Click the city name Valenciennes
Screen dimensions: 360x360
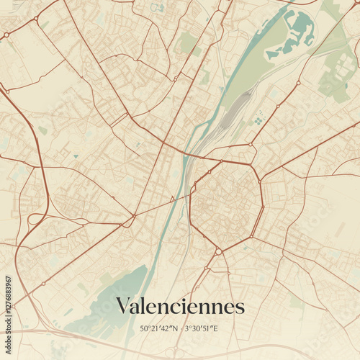180,306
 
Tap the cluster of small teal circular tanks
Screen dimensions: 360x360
258,121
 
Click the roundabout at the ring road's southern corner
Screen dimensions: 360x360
217,251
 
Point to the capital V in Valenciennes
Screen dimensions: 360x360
123,306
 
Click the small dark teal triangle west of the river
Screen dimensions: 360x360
172,199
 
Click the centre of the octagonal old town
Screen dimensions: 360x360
225,204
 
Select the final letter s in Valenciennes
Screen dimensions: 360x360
240,308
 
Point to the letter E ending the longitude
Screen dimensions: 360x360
215,329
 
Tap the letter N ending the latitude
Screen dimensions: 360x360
176,329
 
